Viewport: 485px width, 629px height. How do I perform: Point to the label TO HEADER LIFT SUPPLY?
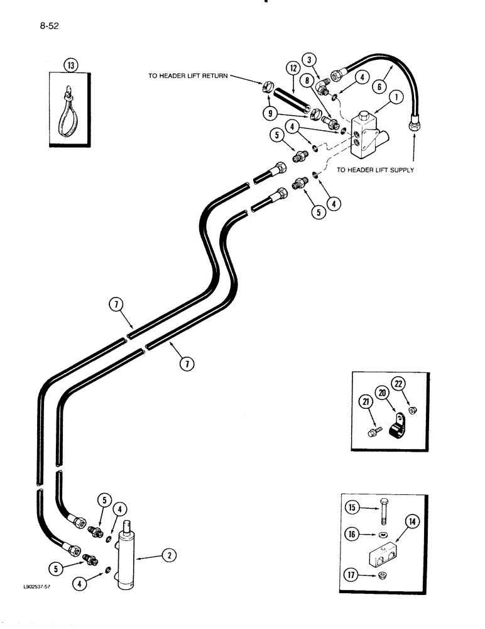pyautogui.click(x=375, y=170)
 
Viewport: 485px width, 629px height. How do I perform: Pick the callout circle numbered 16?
pyautogui.click(x=354, y=535)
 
